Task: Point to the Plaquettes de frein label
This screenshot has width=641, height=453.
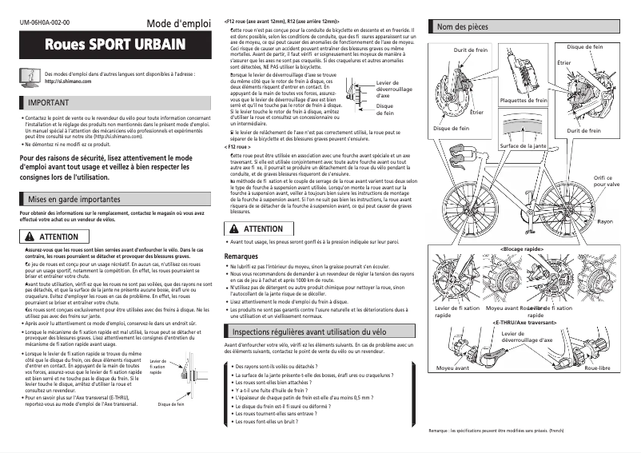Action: point(524,101)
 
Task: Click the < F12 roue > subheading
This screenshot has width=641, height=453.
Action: point(237,148)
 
